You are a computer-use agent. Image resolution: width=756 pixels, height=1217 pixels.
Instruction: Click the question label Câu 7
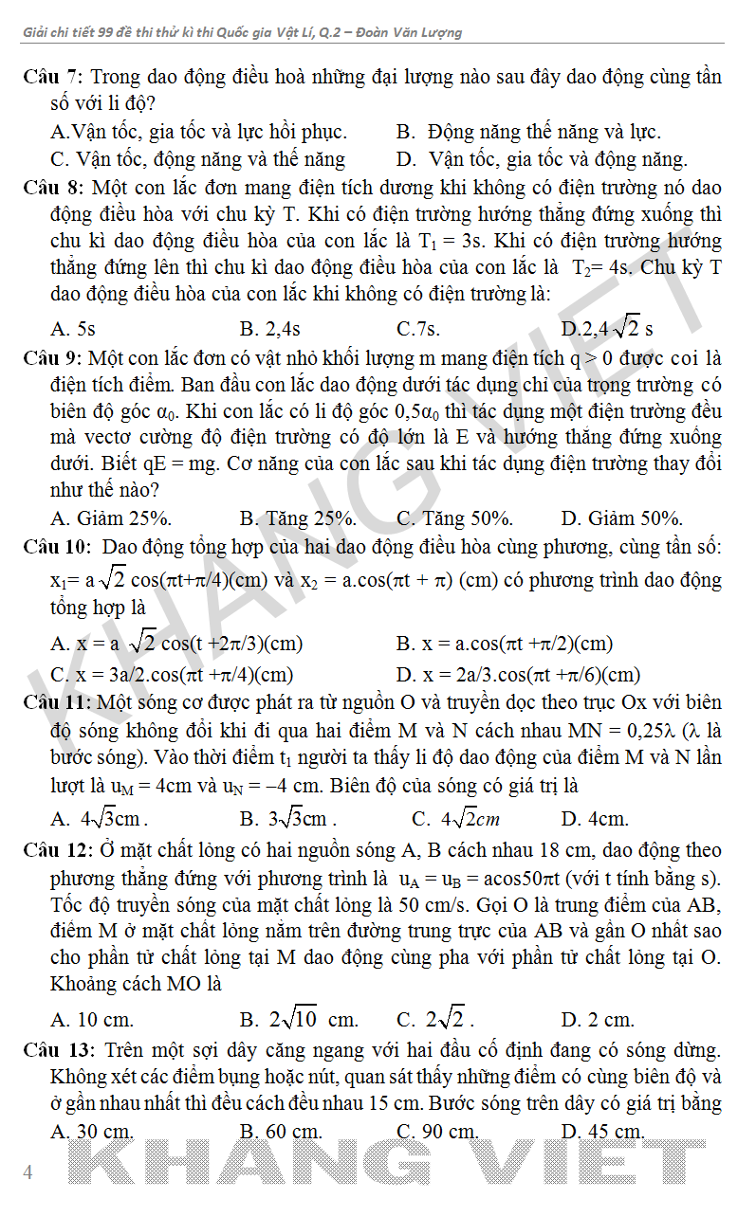(x=53, y=77)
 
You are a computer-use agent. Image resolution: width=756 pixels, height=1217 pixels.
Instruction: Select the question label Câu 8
(x=53, y=187)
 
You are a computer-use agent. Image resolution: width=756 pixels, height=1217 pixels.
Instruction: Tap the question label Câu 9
(x=53, y=358)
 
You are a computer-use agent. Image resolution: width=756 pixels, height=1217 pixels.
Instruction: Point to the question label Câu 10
(x=57, y=547)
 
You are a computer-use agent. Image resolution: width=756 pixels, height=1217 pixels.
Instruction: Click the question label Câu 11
(x=57, y=703)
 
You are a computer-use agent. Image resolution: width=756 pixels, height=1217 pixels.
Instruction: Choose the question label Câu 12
(x=57, y=850)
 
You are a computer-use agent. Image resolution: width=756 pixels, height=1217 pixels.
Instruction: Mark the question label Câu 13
(x=57, y=1049)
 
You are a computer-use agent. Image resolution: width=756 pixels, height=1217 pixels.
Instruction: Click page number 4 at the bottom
(x=28, y=1172)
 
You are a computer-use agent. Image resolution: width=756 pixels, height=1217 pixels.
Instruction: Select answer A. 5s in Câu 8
(x=73, y=329)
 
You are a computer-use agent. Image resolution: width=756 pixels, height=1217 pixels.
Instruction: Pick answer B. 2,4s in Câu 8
(x=270, y=329)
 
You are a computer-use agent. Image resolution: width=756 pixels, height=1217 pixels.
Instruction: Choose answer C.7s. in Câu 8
(x=418, y=329)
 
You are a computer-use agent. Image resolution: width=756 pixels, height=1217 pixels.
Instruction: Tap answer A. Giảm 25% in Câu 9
(x=111, y=518)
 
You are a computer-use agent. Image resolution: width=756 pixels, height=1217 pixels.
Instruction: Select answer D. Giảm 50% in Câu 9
(x=622, y=518)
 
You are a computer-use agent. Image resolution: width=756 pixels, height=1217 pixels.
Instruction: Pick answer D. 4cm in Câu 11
(x=595, y=819)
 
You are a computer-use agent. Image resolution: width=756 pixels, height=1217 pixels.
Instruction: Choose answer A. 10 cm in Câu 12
(x=92, y=1020)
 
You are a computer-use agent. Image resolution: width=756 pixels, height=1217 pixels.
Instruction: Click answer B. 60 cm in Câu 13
(x=281, y=1131)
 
